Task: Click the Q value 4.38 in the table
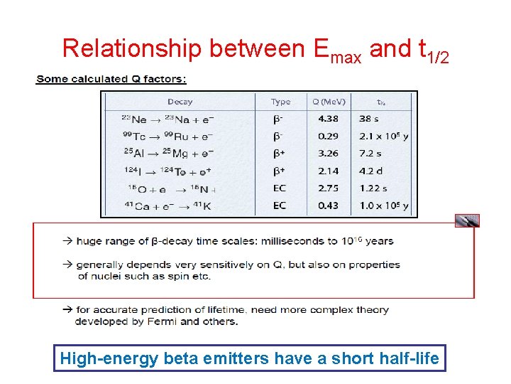pyautogui.click(x=328, y=119)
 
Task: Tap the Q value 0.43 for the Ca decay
pyautogui.click(x=328, y=206)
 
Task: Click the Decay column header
pyautogui.click(x=180, y=102)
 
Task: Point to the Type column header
pyautogui.click(x=280, y=102)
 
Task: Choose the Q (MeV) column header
pyautogui.click(x=327, y=102)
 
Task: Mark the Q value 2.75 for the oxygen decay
pyautogui.click(x=328, y=188)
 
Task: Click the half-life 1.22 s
pyautogui.click(x=373, y=188)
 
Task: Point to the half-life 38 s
pyautogui.click(x=369, y=119)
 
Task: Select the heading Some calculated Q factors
pyautogui.click(x=111, y=79)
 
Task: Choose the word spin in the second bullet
pyautogui.click(x=170, y=276)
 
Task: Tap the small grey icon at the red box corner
pyautogui.click(x=467, y=220)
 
